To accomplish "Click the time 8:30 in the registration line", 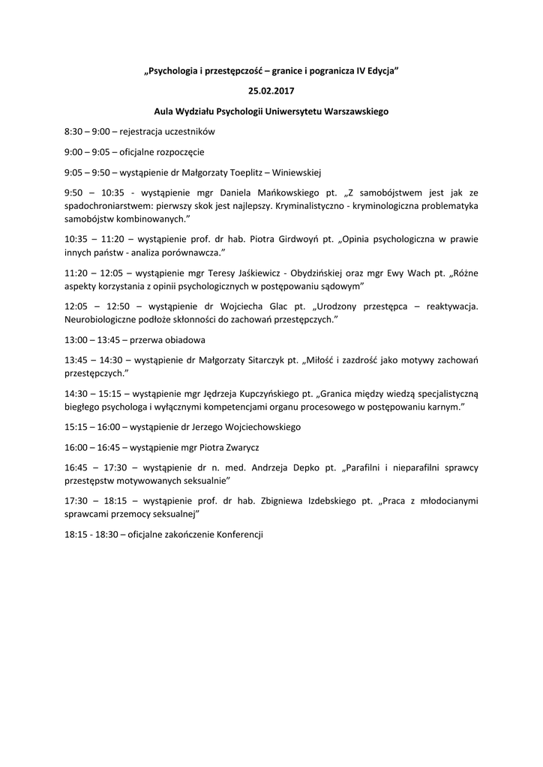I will pos(73,131).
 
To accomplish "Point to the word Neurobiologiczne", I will pos(101,319).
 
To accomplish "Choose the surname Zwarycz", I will pos(241,446).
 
